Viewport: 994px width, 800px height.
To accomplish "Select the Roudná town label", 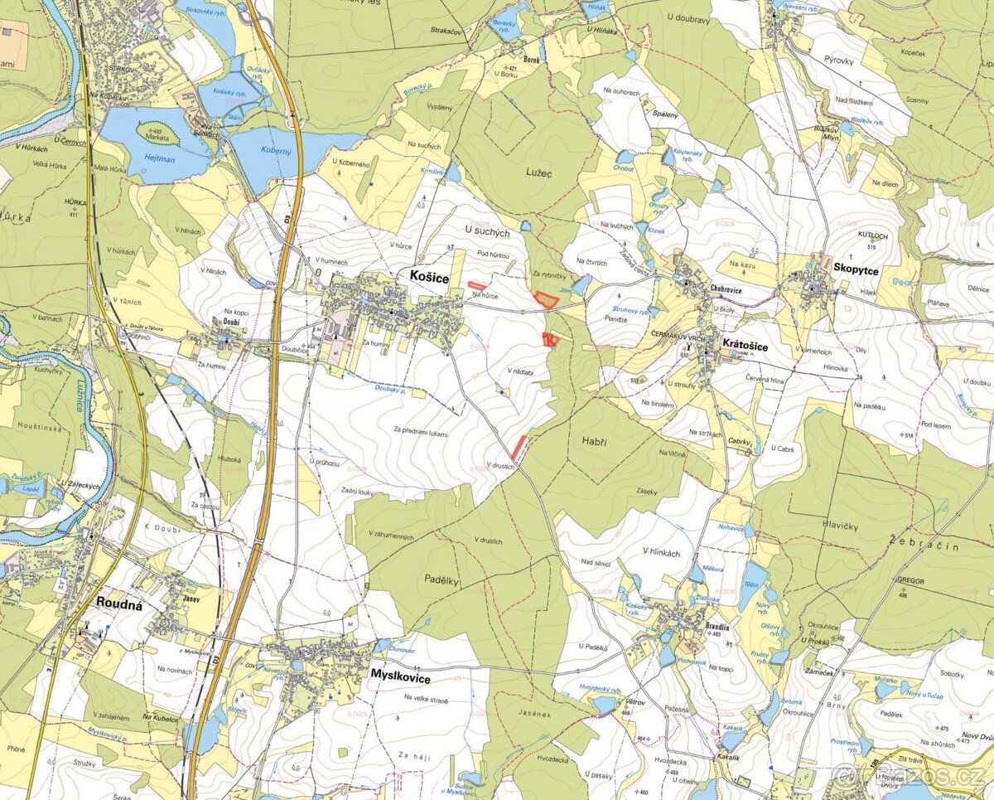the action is (119, 604).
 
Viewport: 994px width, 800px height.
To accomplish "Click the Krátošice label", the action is (745, 344).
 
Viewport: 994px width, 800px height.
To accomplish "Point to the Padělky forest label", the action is (442, 580).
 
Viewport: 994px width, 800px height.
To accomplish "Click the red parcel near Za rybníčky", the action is (544, 300).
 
